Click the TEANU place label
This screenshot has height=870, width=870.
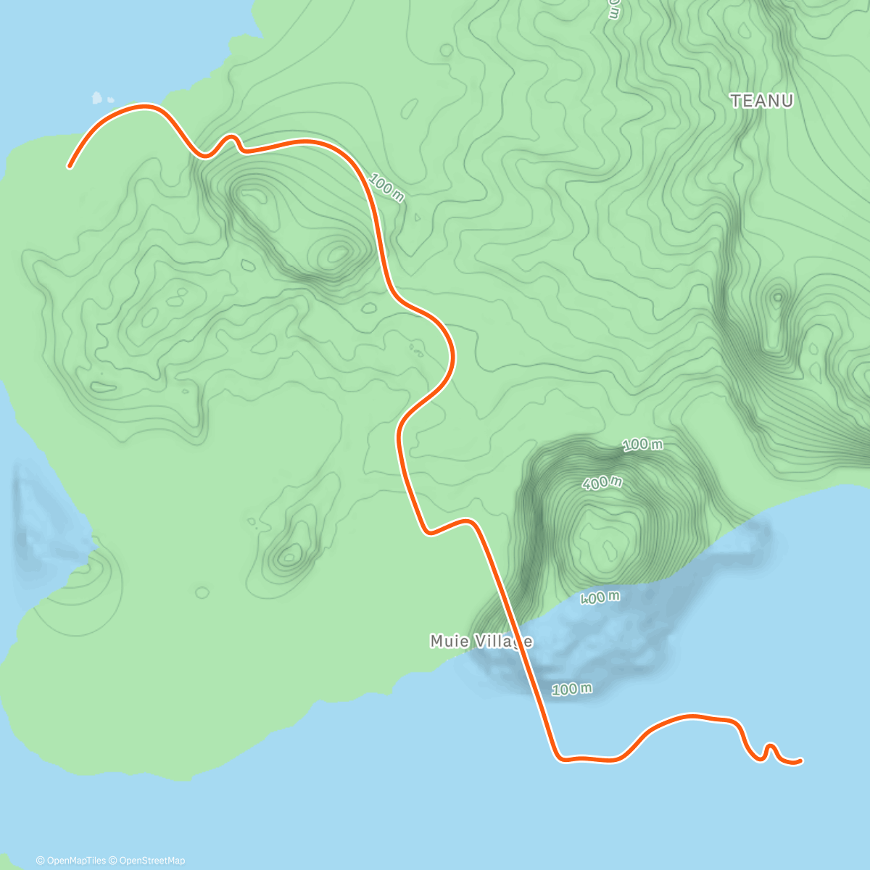(761, 101)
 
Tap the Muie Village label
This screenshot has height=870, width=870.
(481, 641)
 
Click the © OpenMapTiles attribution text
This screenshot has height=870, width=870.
(71, 861)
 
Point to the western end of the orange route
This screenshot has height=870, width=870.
(70, 166)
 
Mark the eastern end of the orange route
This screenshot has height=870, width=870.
(800, 761)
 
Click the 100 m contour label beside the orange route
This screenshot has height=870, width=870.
(386, 188)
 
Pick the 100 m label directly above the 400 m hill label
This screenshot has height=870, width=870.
(642, 444)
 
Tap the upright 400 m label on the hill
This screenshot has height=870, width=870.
(602, 482)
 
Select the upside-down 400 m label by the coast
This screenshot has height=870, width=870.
(600, 597)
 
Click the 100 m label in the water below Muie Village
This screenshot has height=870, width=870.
(572, 689)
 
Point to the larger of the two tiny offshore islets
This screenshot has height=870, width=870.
(97, 96)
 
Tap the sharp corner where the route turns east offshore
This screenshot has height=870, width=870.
(559, 758)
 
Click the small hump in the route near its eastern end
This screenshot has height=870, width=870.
(771, 746)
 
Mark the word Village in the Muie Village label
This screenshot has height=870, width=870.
(503, 641)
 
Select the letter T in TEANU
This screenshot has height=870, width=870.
(736, 101)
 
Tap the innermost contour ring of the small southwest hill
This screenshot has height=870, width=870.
(290, 557)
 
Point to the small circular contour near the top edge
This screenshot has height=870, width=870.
(447, 50)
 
